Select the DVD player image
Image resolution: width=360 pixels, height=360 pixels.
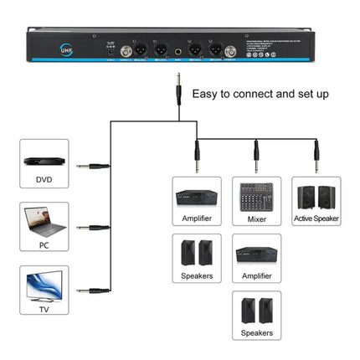point(42,161)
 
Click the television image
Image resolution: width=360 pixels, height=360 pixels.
point(42,285)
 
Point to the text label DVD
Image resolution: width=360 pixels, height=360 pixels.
point(42,180)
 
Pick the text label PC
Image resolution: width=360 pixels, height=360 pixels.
point(42,245)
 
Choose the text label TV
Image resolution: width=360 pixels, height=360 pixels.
point(42,308)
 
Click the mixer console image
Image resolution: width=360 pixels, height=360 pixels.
point(256,196)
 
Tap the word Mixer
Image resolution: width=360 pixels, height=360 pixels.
point(256,219)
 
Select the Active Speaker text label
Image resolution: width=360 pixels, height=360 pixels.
point(316,219)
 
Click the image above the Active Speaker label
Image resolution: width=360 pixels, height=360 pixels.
point(316,196)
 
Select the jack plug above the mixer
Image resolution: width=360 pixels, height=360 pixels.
point(256,153)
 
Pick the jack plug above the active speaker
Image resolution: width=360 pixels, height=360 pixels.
point(316,153)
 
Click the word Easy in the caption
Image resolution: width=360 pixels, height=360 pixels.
point(207,95)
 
